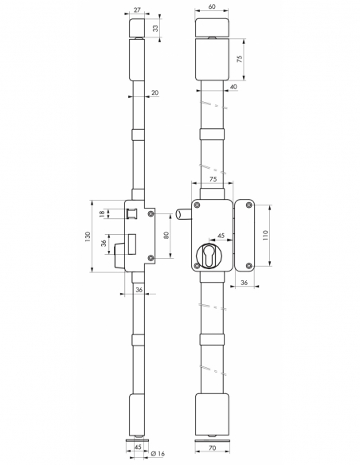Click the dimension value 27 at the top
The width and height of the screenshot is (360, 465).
point(137,10)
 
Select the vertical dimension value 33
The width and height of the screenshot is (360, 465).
point(155,29)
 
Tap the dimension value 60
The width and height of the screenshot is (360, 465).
point(212,6)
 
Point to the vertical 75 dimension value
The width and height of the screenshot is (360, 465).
point(240,59)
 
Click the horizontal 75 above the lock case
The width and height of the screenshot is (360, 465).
point(213,179)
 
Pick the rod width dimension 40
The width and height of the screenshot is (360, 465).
point(233,87)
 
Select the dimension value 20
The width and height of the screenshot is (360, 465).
point(155,93)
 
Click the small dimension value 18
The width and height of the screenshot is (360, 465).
point(102,214)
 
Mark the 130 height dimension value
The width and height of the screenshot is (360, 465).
point(88,236)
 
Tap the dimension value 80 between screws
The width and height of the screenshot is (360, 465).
point(166,235)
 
